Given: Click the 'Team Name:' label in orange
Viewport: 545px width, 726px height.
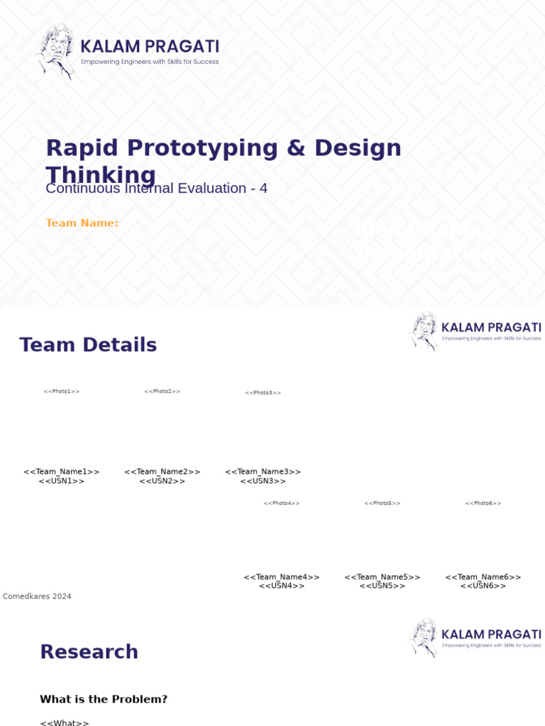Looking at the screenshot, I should click(82, 223).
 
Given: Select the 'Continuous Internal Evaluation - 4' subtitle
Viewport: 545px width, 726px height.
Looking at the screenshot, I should click(156, 189).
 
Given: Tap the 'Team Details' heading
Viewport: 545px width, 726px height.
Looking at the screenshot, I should click(88, 345).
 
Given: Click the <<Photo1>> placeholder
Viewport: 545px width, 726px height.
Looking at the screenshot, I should click(62, 391).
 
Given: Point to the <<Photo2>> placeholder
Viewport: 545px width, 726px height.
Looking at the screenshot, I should click(163, 391).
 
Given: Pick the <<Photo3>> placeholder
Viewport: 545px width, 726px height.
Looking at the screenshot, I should click(263, 393).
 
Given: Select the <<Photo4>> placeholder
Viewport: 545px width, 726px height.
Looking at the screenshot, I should click(282, 503).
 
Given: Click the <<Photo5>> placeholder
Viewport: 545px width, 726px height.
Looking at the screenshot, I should click(382, 503).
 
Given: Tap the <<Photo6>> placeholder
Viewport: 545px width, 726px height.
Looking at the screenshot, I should click(483, 503).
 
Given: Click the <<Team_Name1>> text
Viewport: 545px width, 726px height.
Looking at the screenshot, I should click(62, 471).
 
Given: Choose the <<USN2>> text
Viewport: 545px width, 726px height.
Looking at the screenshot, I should click(163, 481).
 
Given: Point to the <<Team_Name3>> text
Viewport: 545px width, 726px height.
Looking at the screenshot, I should click(263, 471).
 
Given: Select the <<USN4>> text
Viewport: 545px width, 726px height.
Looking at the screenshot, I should click(282, 586).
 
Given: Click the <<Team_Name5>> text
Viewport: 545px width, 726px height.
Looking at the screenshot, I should click(382, 577).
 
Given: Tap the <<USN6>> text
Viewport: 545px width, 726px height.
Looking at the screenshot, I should click(483, 586).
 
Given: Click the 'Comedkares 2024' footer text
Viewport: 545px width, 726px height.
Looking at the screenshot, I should click(37, 597).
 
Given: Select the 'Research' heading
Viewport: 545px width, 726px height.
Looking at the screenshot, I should click(89, 652).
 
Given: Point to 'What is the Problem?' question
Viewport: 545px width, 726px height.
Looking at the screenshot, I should click(104, 700).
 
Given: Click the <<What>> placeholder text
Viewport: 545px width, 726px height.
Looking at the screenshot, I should click(65, 722).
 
